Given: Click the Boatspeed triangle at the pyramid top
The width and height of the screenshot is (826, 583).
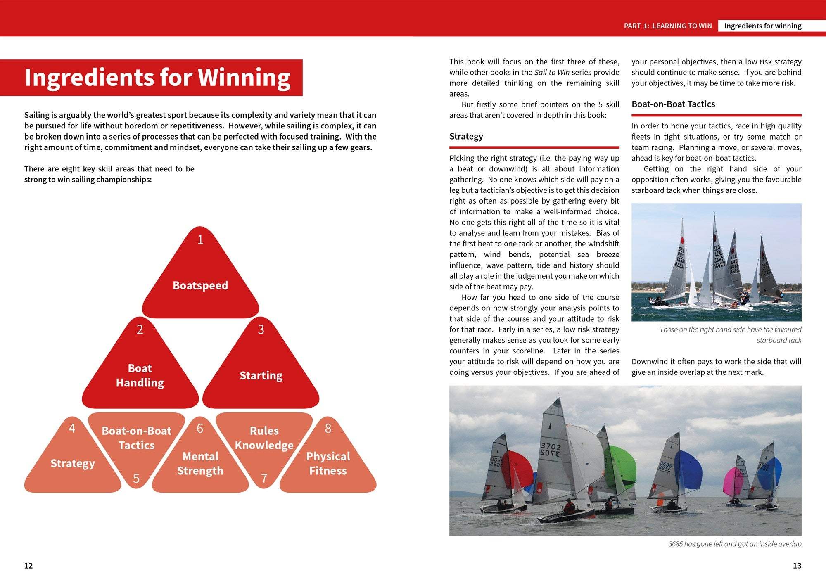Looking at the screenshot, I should coord(200,281).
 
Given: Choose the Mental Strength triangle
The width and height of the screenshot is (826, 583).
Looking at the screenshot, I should coord(200,462).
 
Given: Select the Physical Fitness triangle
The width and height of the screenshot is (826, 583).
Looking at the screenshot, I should coord(328,462).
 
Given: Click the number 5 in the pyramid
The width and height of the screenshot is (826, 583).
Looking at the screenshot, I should coord(136,478).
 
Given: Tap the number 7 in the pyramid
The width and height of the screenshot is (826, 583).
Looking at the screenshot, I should coord(264,478).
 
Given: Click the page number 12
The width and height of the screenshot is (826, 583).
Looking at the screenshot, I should coord(28,566).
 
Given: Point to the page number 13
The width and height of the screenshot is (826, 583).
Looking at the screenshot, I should coord(797,566).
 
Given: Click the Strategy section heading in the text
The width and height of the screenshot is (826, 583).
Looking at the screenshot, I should coord(466,136).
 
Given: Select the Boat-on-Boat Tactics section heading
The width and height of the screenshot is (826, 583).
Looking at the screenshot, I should coord(673,104).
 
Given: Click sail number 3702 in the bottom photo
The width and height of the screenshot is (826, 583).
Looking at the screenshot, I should coord(551,450).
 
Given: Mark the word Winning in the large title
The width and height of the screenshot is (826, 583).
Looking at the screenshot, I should coord(244,78).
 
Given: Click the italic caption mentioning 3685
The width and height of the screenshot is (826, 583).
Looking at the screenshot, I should coord(735,544).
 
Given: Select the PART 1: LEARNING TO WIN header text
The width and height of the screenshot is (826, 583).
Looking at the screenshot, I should coord(668,26).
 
